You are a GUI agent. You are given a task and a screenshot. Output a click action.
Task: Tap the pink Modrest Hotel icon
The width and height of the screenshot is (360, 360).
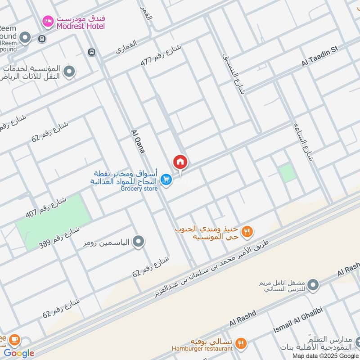[x=48, y=21]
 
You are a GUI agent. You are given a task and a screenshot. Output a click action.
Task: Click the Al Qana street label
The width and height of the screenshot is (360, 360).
[x=138, y=142]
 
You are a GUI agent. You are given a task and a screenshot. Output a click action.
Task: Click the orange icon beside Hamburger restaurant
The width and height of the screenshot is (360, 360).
[x=241, y=344]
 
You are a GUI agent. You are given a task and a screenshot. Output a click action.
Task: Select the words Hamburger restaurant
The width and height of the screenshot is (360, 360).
[x=202, y=348]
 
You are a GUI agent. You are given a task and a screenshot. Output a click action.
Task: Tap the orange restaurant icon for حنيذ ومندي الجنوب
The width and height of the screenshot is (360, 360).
[x=247, y=232]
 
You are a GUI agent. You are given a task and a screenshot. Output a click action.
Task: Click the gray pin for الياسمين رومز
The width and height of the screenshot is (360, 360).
[x=139, y=242]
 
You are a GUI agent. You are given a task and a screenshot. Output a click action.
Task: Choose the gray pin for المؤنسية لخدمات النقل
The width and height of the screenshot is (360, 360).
[x=69, y=72]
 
